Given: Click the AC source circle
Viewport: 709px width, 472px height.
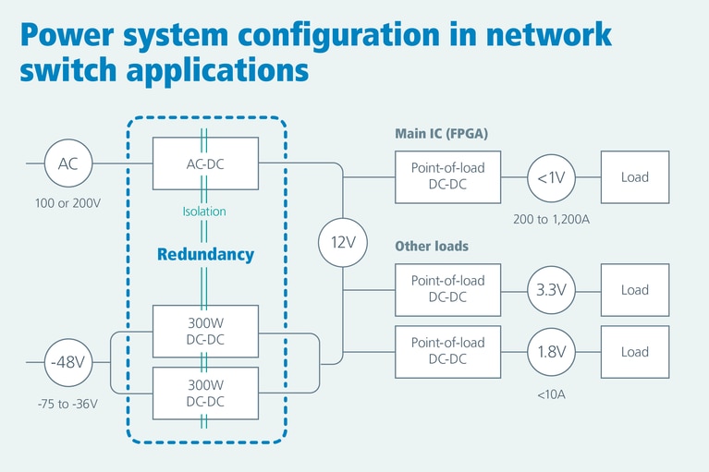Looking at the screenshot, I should point(68,164).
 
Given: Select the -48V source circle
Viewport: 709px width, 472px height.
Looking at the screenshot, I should point(68,362).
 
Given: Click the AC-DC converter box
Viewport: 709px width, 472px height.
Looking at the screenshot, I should point(205,163).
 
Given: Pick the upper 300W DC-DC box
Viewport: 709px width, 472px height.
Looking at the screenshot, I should point(205,333).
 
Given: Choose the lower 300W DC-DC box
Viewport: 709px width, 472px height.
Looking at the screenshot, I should point(205,392).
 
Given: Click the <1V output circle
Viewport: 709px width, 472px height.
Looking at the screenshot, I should point(551,177).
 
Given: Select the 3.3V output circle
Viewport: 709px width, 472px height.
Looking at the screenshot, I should point(551,290).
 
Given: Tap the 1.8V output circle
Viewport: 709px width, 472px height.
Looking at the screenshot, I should point(551,352).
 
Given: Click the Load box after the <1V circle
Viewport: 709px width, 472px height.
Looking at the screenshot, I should point(635,177).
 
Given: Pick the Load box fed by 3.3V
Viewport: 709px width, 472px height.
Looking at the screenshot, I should point(635,290).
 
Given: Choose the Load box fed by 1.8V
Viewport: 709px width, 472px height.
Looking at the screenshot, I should point(635,352).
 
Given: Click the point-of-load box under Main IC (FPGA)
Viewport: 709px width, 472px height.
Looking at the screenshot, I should point(447,177).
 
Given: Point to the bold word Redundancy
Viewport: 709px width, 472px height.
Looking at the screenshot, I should point(205,255).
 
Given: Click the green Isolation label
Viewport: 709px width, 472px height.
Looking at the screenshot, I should point(203,212).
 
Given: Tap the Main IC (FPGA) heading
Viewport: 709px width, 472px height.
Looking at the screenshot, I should point(441,134).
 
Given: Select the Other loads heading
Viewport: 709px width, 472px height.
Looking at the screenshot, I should point(432,247).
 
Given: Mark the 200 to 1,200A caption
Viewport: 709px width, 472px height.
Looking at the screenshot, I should point(552,219).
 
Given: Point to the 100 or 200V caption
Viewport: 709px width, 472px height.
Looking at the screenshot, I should point(67,201).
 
